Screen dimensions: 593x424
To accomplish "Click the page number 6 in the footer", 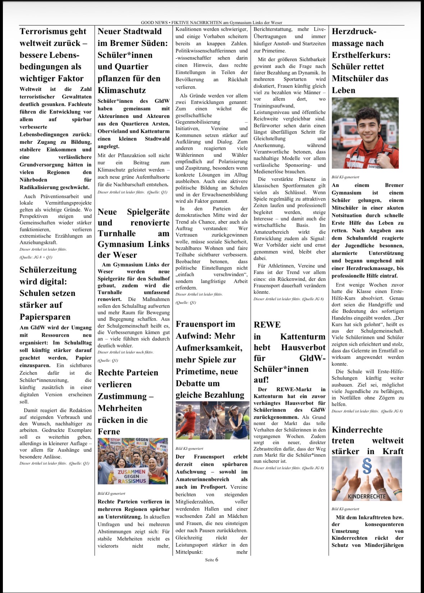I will tap(216, 560).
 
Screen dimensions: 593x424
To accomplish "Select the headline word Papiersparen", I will tap(45, 317).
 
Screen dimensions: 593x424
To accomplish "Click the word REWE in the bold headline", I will tap(267, 325).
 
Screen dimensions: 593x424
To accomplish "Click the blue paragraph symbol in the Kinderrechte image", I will tap(367, 467).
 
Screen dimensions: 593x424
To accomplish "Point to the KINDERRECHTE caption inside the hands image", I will tap(366, 496).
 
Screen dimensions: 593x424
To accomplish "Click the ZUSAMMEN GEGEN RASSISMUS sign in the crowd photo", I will tap(132, 476).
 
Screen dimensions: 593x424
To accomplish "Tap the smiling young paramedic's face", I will tap(366, 126).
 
